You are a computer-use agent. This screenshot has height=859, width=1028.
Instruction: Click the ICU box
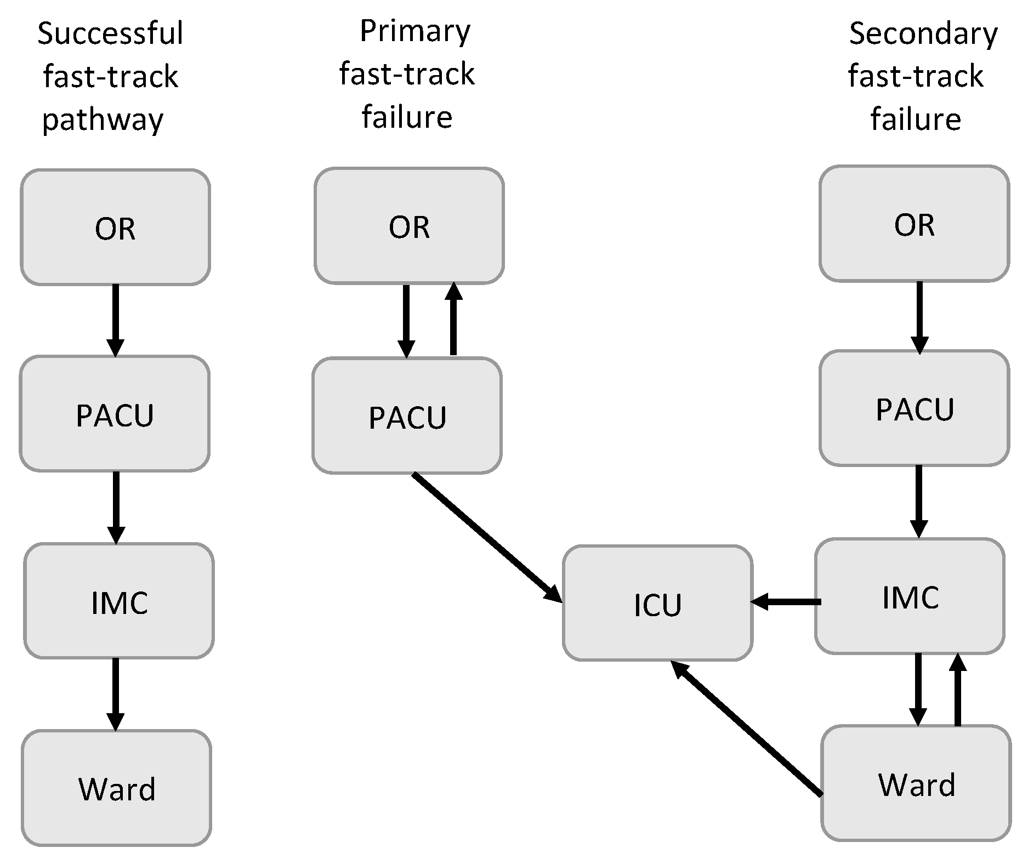pyautogui.click(x=657, y=603)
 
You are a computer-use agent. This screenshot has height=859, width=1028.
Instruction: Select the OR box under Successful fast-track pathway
pyautogui.click(x=115, y=227)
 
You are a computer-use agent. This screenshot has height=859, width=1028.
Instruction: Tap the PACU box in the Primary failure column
pyautogui.click(x=407, y=416)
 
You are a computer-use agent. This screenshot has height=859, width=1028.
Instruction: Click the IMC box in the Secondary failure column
pyautogui.click(x=910, y=596)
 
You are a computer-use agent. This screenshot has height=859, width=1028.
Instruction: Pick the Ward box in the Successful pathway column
pyautogui.click(x=117, y=788)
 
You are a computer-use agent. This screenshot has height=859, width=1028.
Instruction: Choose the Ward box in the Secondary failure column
pyautogui.click(x=916, y=783)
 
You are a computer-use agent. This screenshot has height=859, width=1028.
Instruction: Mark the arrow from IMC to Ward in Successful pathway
pyautogui.click(x=115, y=694)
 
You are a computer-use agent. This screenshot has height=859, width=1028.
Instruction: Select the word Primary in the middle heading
pyautogui.click(x=415, y=31)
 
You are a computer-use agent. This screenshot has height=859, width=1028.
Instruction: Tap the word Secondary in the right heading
pyautogui.click(x=923, y=33)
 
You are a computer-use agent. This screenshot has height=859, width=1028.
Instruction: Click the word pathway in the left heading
pyautogui.click(x=103, y=120)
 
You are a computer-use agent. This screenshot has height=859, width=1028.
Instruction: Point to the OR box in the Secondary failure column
pyautogui.click(x=914, y=224)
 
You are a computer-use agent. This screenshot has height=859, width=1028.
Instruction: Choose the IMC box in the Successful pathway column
pyautogui.click(x=119, y=601)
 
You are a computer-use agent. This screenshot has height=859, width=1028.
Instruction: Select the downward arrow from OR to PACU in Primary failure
pyautogui.click(x=406, y=320)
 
